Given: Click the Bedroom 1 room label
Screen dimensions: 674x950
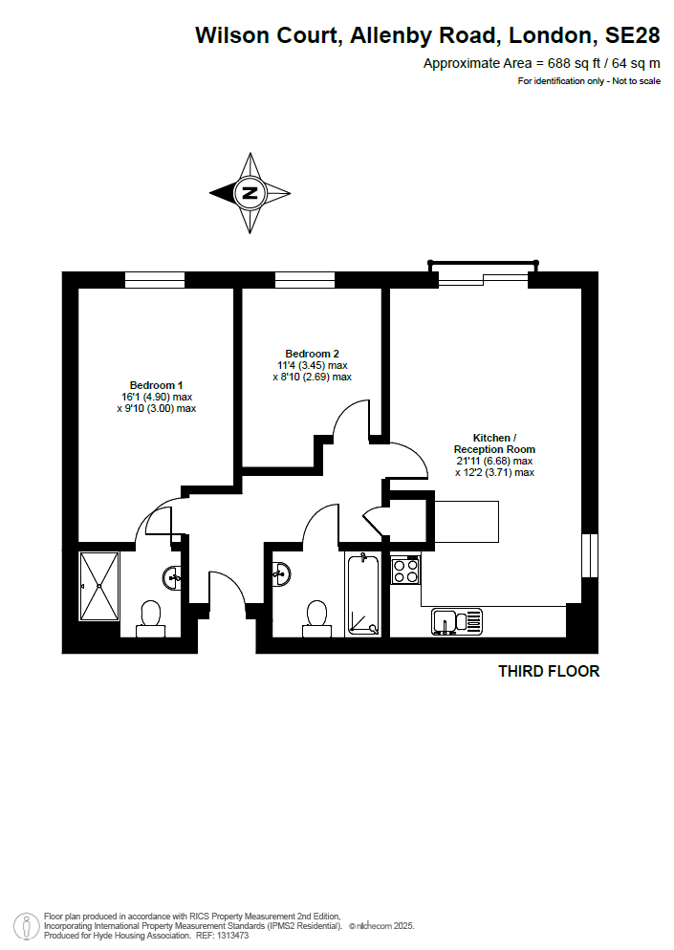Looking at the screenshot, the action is coord(156,385).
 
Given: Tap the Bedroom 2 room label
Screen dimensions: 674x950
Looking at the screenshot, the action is coord(313,354).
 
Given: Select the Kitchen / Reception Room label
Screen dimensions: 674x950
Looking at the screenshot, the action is coord(494,443).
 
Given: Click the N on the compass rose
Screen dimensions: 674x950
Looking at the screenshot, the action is coord(250,193).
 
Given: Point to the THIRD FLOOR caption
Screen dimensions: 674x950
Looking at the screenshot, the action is coord(549,671).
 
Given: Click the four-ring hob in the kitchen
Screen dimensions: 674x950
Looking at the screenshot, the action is coord(405,571).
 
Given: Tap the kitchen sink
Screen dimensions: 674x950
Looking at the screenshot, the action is coord(457,621).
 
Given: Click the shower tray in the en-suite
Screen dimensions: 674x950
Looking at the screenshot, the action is coord(99,587).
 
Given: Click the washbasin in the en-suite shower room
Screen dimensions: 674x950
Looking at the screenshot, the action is coord(172,577).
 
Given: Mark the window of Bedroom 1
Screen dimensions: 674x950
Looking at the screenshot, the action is coord(155,279).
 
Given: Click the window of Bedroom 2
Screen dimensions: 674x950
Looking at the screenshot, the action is coord(305,279).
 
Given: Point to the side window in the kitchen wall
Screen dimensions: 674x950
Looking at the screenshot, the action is coord(590,555).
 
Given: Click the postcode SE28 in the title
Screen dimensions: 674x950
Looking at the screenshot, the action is coord(632,35).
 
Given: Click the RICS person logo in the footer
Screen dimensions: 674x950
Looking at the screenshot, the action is coord(27,926).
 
